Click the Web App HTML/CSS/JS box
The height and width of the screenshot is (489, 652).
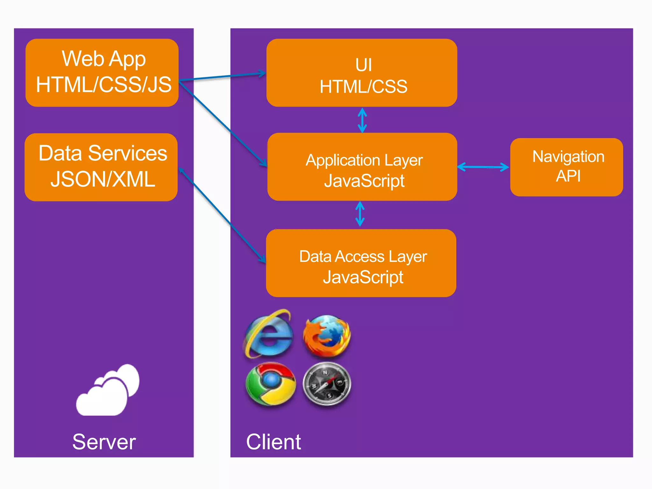[102, 73]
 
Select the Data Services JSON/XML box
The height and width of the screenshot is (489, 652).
[101, 167]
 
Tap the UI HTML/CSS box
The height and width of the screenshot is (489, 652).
[362, 73]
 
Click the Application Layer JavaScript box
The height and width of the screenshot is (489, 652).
[362, 167]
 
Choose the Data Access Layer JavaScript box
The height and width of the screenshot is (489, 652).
[361, 263]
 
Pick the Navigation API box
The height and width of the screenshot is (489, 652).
[566, 167]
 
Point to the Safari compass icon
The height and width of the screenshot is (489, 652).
[327, 385]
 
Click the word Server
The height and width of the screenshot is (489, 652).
[104, 442]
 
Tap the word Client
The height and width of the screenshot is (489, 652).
[273, 442]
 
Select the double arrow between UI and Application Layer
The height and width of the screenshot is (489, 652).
[362, 120]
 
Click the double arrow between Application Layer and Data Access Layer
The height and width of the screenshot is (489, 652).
[360, 214]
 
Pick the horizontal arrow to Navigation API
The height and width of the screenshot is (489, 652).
[483, 167]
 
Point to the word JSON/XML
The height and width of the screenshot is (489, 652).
[103, 179]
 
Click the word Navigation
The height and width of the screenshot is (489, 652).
[568, 157]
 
